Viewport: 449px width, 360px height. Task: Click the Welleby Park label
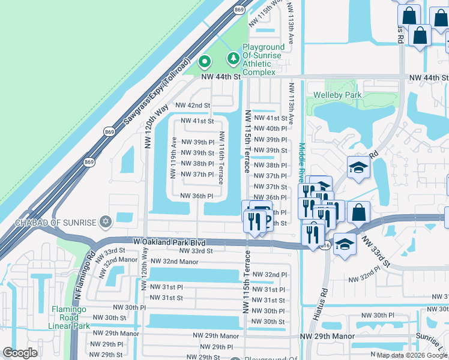click(x=337, y=95)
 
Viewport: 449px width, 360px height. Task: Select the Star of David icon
click(x=107, y=223)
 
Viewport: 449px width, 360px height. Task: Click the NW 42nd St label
click(x=193, y=105)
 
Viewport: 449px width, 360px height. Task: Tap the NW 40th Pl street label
click(x=270, y=128)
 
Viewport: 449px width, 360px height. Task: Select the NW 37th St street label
click(x=270, y=187)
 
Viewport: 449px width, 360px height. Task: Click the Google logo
click(x=20, y=353)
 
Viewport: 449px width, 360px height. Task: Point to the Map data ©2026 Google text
click(x=412, y=355)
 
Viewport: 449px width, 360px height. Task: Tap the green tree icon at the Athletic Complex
click(x=233, y=59)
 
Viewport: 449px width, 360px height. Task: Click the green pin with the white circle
click(x=204, y=61)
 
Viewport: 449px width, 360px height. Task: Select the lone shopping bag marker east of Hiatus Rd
click(x=358, y=212)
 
